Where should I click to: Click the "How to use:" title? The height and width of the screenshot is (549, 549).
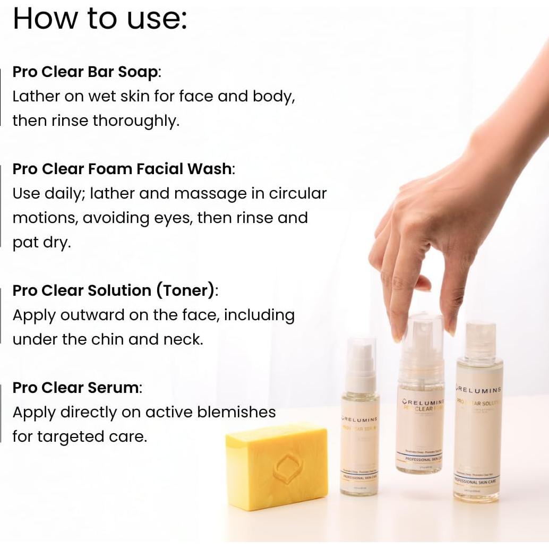tap(100, 19)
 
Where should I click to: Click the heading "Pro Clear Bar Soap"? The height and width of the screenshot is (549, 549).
tap(85, 72)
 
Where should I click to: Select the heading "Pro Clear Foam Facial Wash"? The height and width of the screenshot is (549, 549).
tap(122, 169)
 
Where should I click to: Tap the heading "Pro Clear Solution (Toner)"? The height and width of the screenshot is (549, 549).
tap(114, 290)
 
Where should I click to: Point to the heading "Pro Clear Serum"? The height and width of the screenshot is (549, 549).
tap(76, 388)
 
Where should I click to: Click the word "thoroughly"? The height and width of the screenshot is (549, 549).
tap(136, 121)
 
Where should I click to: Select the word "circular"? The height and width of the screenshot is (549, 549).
tap(297, 193)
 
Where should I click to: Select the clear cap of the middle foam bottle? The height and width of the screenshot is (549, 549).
tap(422, 340)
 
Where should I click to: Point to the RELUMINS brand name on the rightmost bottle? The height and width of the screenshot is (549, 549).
tap(481, 390)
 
